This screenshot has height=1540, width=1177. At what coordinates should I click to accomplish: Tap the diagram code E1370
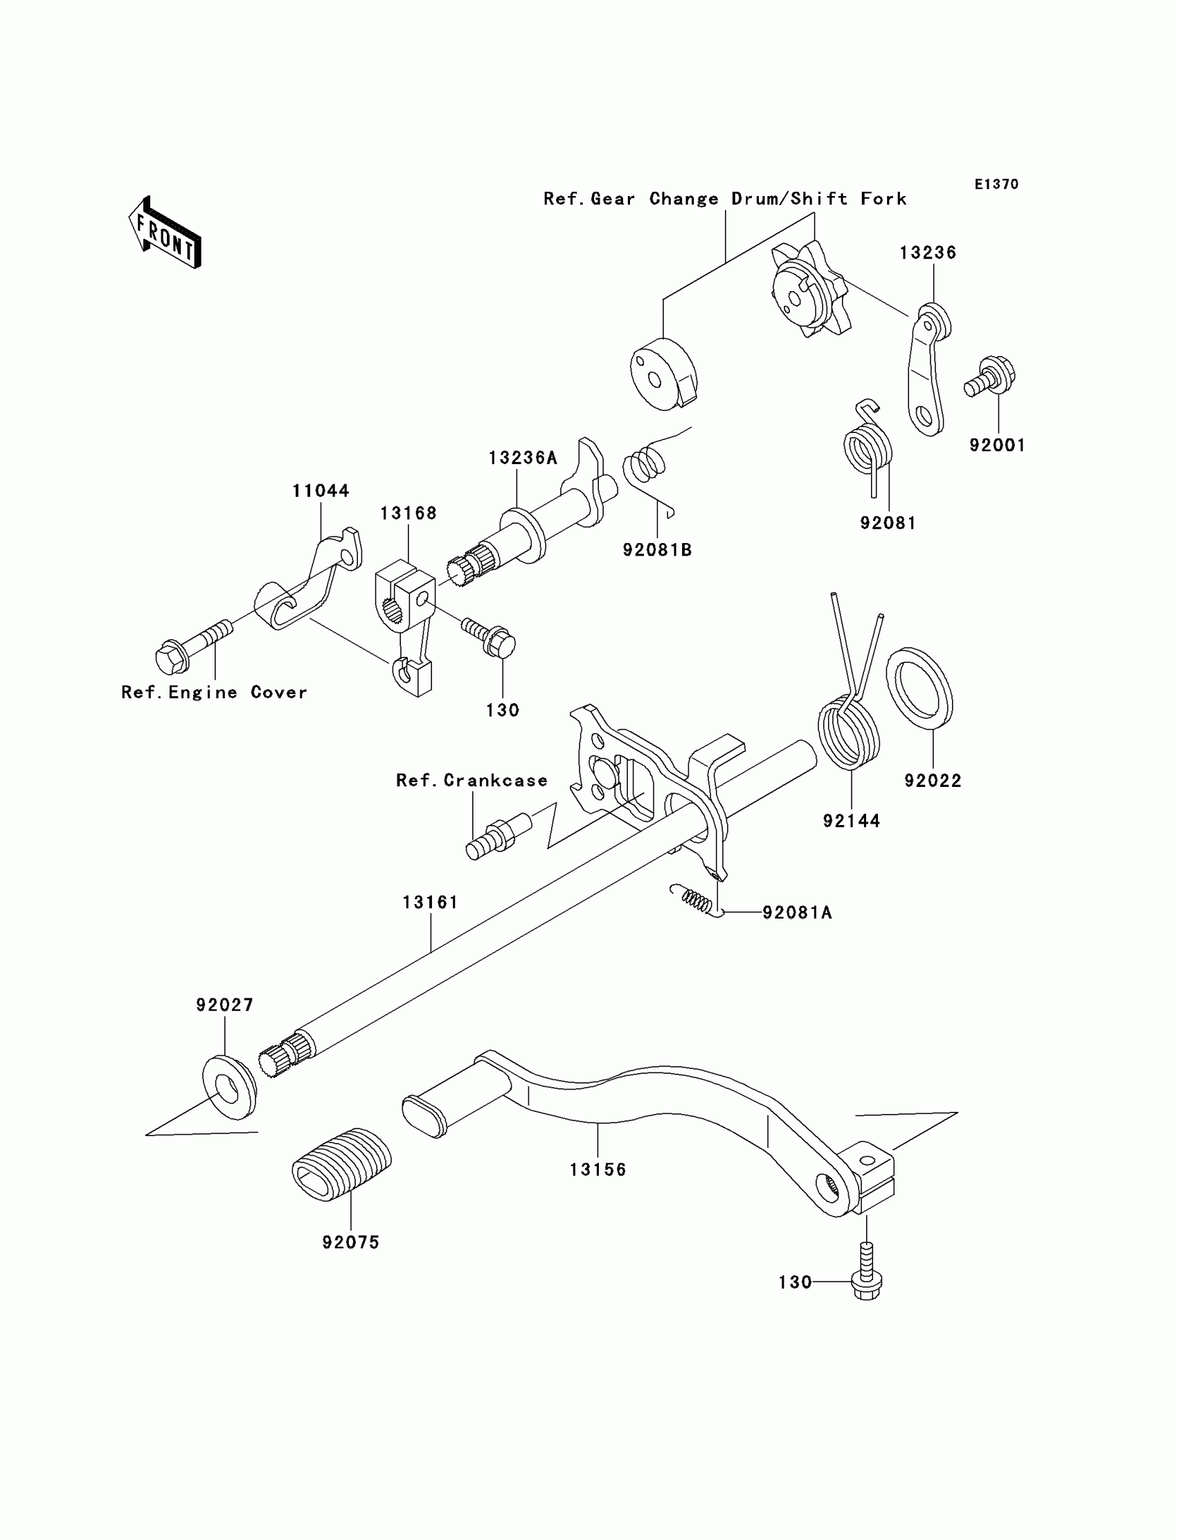coord(996,184)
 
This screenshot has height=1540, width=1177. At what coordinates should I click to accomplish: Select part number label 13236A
coord(523,459)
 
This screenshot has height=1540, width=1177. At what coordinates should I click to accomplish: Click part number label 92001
coord(997,445)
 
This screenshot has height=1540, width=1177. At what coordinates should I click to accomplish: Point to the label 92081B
coord(657,550)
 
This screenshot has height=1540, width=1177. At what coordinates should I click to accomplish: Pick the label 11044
coord(321,490)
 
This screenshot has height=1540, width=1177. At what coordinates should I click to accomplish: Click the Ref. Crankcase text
coord(471,781)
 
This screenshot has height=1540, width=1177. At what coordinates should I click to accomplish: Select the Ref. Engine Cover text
coord(215,693)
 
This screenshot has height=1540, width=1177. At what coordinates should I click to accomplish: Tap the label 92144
coord(851,821)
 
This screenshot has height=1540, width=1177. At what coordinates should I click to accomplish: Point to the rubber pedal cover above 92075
coord(341,1165)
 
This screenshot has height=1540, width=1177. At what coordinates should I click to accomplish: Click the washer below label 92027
coord(229,1088)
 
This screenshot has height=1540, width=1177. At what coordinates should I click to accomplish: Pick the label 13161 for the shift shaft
coord(430,902)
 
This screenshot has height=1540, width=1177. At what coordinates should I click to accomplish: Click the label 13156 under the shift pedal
coord(598,1169)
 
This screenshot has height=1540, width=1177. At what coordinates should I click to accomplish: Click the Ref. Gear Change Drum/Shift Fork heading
coord(725,199)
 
